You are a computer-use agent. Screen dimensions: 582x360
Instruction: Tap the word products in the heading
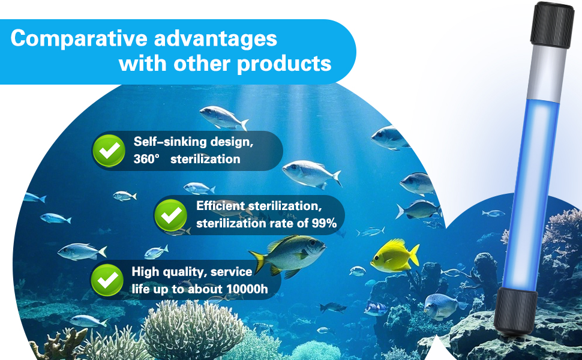coord(284,64)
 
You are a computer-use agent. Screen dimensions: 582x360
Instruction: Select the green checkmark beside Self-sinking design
coord(109,151)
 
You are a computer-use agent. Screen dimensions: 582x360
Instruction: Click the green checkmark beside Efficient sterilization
coord(171,215)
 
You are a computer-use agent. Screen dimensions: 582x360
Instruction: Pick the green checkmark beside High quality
coord(107,280)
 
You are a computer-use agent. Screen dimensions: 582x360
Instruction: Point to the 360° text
coord(146,159)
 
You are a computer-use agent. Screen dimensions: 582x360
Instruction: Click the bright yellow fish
coord(395,256)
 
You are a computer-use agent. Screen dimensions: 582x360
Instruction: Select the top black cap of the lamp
coord(552,25)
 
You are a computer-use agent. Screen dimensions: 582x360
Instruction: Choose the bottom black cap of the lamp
coord(515,311)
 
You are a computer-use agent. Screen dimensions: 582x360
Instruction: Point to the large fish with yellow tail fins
coord(288,255)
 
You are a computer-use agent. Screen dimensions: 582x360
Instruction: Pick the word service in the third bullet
coord(231,272)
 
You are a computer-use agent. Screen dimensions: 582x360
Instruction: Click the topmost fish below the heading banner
coord(224,117)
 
